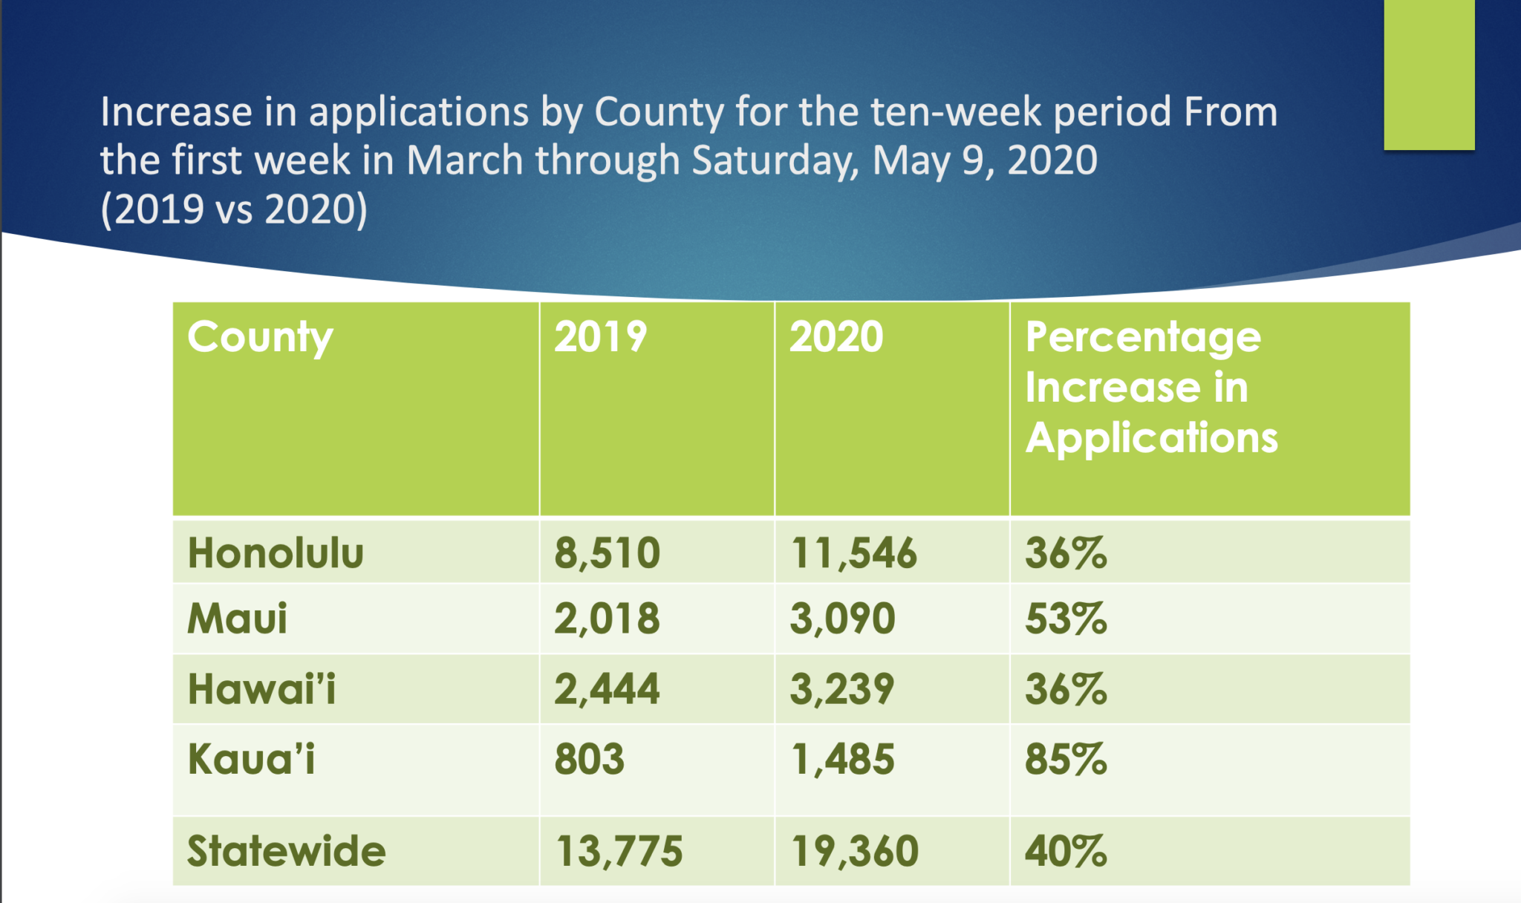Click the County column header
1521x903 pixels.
(x=260, y=338)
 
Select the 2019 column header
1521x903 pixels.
(x=600, y=338)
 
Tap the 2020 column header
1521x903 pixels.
(x=836, y=338)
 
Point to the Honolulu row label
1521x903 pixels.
(x=276, y=553)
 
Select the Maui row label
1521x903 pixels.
(x=237, y=619)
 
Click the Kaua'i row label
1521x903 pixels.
(x=251, y=760)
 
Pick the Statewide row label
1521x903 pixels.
(x=286, y=851)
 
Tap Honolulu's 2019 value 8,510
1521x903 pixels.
(x=607, y=553)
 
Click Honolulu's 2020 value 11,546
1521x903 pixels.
(x=853, y=553)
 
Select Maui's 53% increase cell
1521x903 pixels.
(x=1066, y=619)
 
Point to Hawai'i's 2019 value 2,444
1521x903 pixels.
(x=607, y=689)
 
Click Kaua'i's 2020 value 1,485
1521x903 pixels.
(x=842, y=760)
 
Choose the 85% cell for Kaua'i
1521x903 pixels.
(x=1066, y=760)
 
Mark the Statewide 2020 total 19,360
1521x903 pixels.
(x=854, y=851)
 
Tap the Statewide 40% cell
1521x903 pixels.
(x=1066, y=851)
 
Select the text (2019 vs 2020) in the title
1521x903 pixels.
(x=234, y=209)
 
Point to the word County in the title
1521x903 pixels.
(x=658, y=113)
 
